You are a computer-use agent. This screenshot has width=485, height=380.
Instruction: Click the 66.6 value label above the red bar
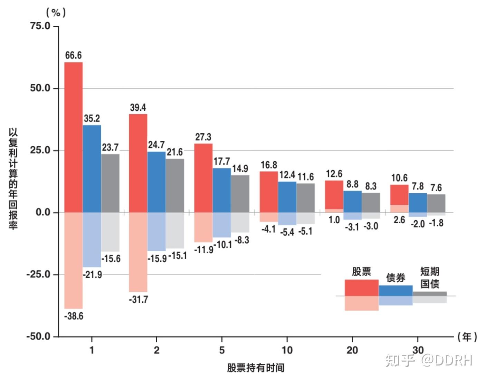click(73, 55)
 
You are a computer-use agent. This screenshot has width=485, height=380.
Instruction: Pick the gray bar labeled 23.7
click(110, 183)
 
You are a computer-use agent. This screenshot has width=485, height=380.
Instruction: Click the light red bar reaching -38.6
click(73, 260)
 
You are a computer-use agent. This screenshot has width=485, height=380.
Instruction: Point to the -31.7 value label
click(138, 299)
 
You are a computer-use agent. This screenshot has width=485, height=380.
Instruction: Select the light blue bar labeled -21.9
click(92, 240)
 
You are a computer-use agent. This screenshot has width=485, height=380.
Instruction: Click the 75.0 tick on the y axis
click(40, 26)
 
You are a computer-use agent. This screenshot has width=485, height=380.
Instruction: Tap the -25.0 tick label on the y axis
click(38, 274)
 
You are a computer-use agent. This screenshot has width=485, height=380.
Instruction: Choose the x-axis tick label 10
click(287, 350)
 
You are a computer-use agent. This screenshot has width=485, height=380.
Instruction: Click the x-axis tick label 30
click(417, 350)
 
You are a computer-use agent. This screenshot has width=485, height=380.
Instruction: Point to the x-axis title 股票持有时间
click(256, 368)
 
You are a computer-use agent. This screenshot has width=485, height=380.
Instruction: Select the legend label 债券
click(396, 277)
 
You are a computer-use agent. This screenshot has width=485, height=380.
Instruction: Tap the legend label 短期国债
click(430, 277)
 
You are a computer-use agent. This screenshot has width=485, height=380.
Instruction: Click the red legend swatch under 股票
click(361, 288)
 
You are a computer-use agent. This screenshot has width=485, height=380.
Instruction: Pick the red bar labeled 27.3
click(203, 178)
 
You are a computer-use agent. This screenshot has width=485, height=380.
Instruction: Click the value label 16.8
click(269, 165)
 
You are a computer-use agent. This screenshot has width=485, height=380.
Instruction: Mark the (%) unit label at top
click(56, 13)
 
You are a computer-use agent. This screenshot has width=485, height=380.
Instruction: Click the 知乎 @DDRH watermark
click(429, 360)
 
